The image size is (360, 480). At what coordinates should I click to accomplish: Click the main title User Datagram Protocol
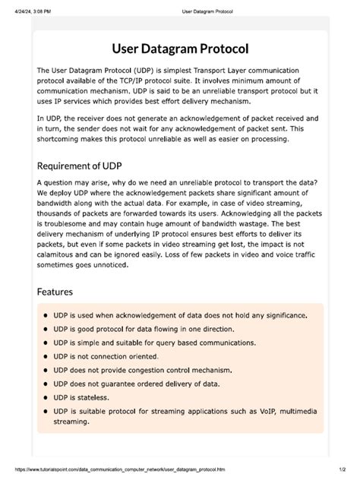[x=180, y=49]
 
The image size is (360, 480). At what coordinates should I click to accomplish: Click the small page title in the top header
[x=207, y=11]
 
